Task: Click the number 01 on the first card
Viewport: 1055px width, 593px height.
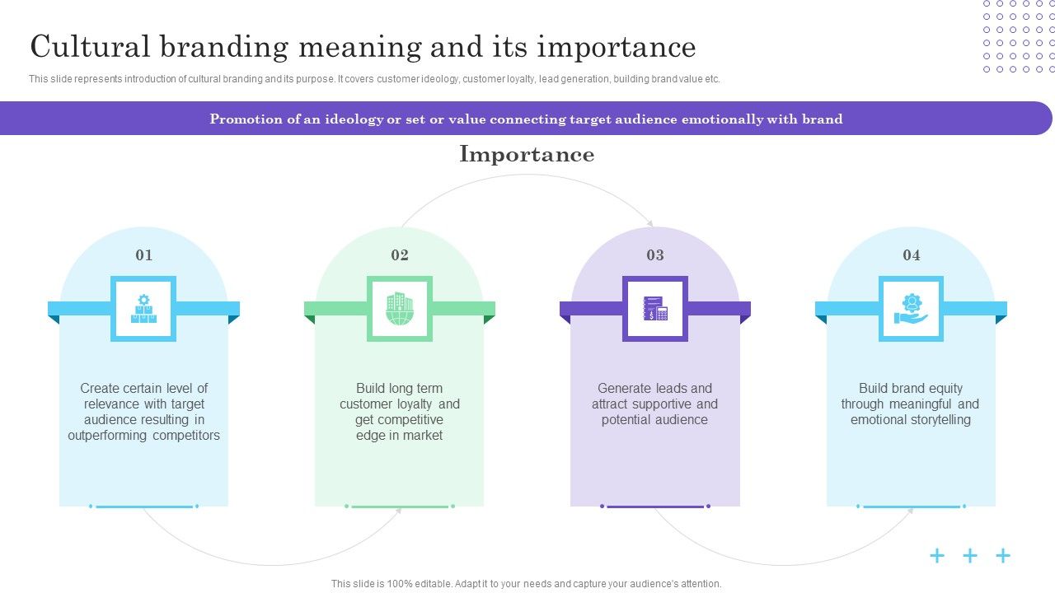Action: pyautogui.click(x=143, y=255)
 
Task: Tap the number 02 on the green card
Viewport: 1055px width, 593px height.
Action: pyautogui.click(x=400, y=255)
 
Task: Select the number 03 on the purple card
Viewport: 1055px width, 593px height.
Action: pyautogui.click(x=655, y=255)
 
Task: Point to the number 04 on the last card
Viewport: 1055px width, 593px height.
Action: pyautogui.click(x=911, y=255)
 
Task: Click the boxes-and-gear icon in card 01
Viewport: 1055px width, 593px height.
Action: pyautogui.click(x=143, y=309)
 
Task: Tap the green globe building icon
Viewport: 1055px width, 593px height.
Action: pyautogui.click(x=400, y=309)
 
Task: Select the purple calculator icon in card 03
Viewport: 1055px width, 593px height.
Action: pyautogui.click(x=655, y=309)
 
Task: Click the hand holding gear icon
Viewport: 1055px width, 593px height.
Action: pyautogui.click(x=911, y=309)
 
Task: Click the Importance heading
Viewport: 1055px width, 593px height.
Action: pyautogui.click(x=527, y=154)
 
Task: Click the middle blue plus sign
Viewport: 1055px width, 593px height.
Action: pyautogui.click(x=970, y=556)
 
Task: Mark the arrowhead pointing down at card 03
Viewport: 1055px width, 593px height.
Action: pyautogui.click(x=650, y=223)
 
